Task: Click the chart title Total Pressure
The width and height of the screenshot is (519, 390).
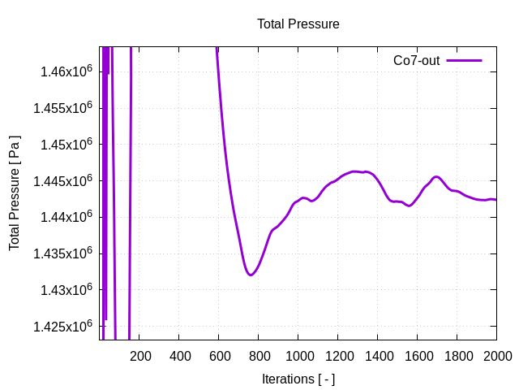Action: pyautogui.click(x=298, y=24)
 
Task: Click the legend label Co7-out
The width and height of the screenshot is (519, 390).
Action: pyautogui.click(x=416, y=60)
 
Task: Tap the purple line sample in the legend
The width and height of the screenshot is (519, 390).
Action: pyautogui.click(x=464, y=60)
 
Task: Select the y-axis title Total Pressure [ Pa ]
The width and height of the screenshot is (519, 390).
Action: pyautogui.click(x=15, y=193)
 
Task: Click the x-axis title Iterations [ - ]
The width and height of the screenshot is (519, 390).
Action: pyautogui.click(x=298, y=379)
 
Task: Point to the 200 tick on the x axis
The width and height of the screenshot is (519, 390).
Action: pyautogui.click(x=140, y=356)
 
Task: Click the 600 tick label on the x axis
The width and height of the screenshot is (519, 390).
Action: pyautogui.click(x=219, y=356)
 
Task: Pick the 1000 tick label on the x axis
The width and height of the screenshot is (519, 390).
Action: pyautogui.click(x=298, y=356)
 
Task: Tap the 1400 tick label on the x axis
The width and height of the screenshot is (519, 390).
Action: pyautogui.click(x=378, y=356)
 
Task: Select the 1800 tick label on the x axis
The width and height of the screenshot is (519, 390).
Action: pyautogui.click(x=457, y=356)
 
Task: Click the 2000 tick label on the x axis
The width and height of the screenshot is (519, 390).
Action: pyautogui.click(x=496, y=356)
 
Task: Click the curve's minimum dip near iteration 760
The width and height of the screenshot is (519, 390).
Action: pyautogui.click(x=251, y=275)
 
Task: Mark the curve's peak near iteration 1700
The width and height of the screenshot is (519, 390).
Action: pyautogui.click(x=436, y=176)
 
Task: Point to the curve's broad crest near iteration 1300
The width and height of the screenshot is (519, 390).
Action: pyautogui.click(x=357, y=171)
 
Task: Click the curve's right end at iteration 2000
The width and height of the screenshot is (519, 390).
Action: pyautogui.click(x=495, y=199)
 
